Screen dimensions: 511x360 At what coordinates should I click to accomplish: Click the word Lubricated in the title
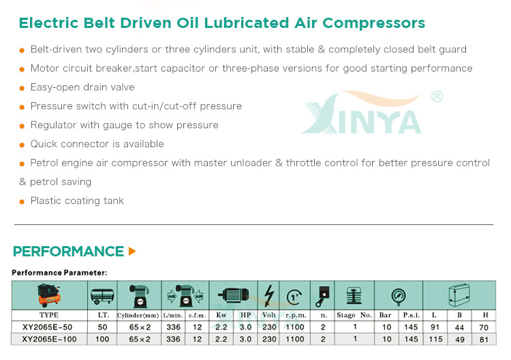click(x=247, y=23)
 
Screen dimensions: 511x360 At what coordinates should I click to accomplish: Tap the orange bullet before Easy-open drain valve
click(x=22, y=88)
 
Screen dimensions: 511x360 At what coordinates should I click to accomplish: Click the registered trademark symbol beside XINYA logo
click(x=437, y=97)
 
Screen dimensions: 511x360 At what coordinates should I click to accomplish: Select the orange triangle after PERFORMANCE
click(x=132, y=251)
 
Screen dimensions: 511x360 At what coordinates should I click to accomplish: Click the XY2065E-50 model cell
click(x=48, y=327)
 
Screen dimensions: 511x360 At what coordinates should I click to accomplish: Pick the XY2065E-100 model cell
click(x=49, y=339)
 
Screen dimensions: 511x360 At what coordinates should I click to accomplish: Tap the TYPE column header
click(x=49, y=315)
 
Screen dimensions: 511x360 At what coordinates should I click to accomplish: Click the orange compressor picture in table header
click(x=49, y=295)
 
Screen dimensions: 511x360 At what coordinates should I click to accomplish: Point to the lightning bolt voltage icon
click(x=268, y=295)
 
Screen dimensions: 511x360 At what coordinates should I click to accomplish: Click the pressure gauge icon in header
click(x=399, y=297)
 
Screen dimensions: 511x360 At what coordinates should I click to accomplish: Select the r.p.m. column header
click(x=296, y=315)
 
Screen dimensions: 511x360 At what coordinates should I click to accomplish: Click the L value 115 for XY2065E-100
click(x=436, y=339)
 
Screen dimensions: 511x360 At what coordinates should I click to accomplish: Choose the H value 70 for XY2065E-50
click(x=484, y=327)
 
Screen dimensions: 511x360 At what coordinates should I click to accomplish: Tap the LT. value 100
click(x=102, y=339)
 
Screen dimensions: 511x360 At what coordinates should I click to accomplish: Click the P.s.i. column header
click(x=411, y=315)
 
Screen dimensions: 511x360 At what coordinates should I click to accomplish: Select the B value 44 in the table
click(x=459, y=327)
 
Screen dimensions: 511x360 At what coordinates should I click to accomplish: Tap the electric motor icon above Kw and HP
click(x=233, y=295)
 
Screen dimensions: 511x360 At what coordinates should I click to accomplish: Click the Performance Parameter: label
click(x=59, y=273)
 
